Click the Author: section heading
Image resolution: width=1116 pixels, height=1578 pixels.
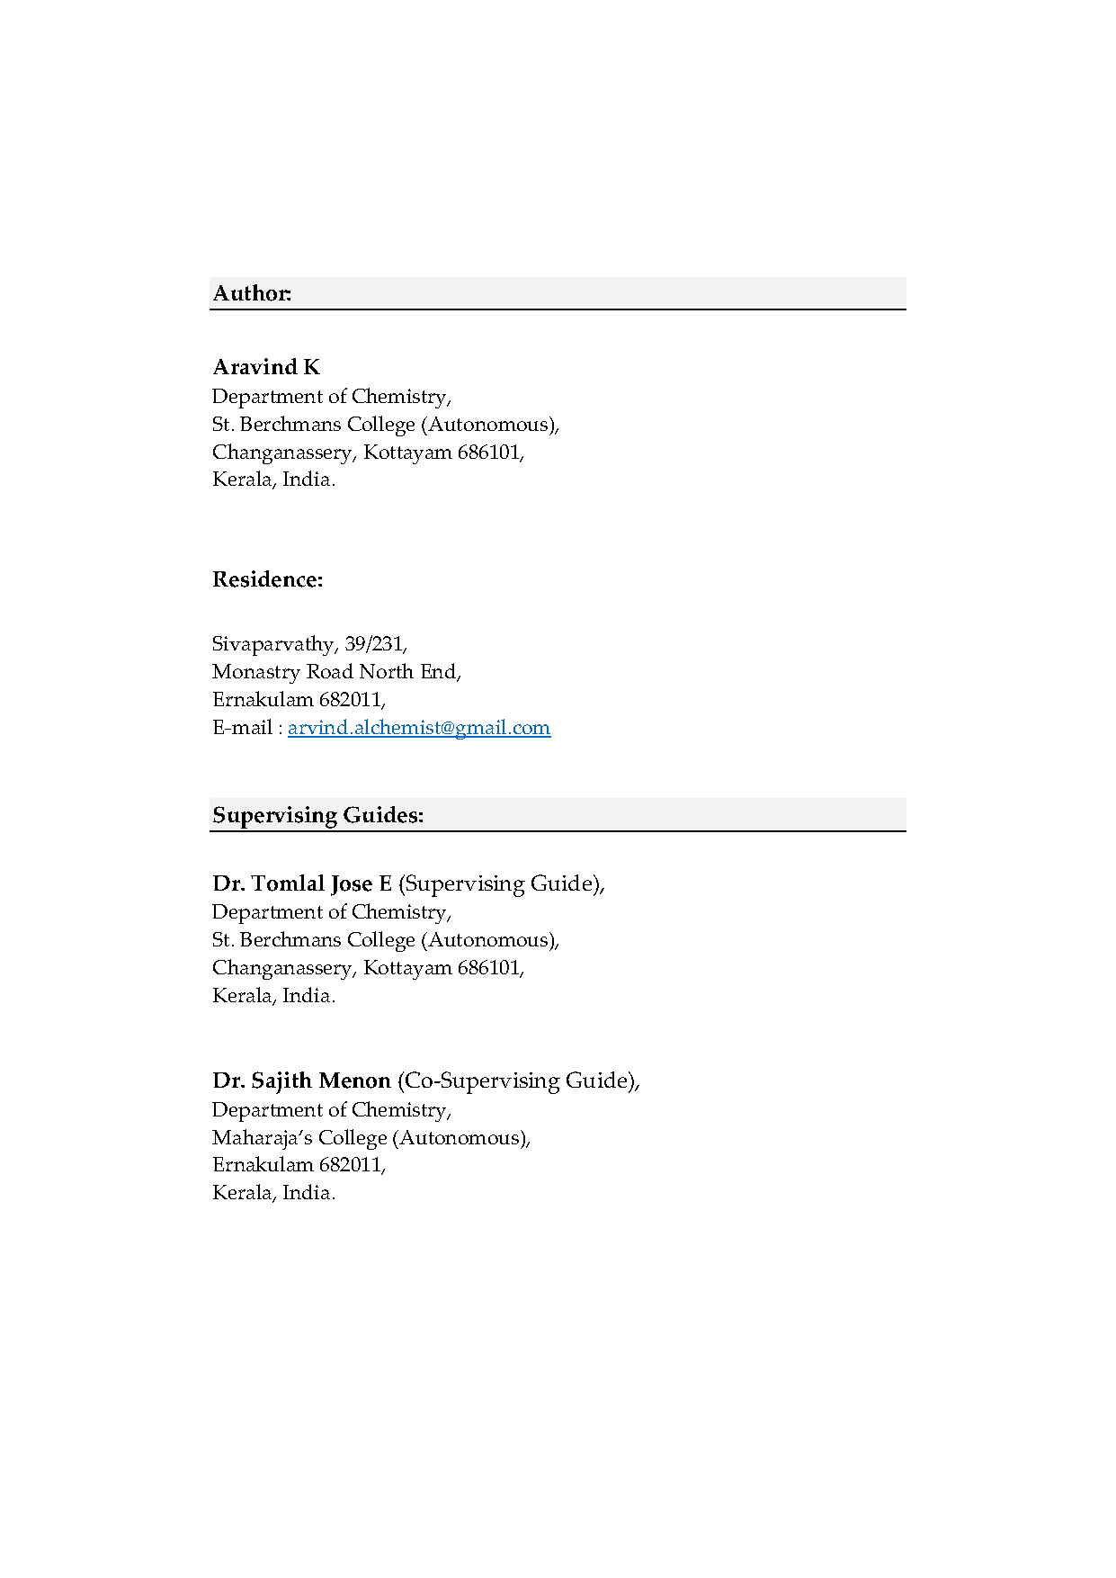[252, 293]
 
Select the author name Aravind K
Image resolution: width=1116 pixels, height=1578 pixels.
[266, 367]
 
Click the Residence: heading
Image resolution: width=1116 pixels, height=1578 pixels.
[267, 579]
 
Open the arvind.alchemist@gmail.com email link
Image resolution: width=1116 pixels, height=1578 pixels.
[418, 728]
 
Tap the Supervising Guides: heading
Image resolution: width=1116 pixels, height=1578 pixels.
[317, 815]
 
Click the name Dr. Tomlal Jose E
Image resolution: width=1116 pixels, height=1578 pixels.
[302, 883]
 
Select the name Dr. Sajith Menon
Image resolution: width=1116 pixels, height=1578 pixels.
[301, 1080]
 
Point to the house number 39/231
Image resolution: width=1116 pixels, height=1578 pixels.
[374, 644]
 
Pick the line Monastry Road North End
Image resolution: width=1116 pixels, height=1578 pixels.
[336, 672]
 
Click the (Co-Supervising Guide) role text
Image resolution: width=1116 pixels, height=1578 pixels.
[518, 1080]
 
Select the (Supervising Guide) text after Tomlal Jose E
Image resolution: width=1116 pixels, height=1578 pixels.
[501, 883]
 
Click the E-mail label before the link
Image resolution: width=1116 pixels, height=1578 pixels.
[243, 728]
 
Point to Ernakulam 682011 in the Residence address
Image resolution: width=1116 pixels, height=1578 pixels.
[299, 700]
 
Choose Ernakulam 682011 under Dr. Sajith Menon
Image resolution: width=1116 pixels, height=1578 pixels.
[299, 1165]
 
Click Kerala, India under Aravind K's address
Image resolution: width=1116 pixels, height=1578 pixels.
[273, 480]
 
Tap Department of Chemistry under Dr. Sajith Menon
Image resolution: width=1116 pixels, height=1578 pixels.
[331, 1110]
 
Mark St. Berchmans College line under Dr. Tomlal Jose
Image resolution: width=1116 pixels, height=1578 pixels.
[385, 940]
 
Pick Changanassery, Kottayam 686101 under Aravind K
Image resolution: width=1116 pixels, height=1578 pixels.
[368, 453]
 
